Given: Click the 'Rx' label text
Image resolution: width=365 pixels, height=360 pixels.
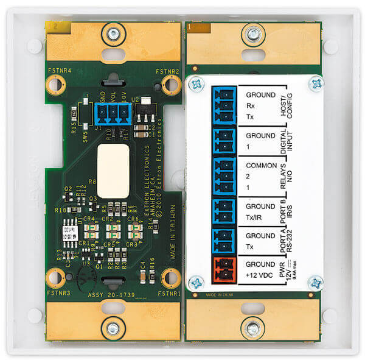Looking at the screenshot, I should click(251, 105).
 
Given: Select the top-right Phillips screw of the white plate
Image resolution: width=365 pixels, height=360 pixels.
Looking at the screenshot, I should click(316, 81).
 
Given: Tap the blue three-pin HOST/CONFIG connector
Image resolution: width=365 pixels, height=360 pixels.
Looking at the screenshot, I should click(223, 105).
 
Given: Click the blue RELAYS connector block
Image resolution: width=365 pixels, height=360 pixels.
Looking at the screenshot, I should click(223, 174).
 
